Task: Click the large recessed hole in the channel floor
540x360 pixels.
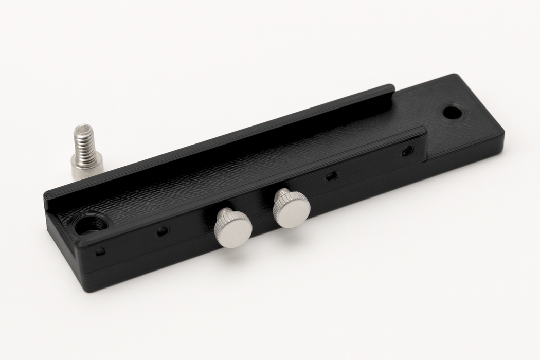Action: point(94,225)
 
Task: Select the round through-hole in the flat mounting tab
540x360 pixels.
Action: point(452,111)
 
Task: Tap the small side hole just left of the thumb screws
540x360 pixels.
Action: point(163,231)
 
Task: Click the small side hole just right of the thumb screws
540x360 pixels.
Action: point(332,175)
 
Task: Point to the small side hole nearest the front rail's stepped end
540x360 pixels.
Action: point(407,151)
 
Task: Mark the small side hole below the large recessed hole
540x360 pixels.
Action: point(100,251)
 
